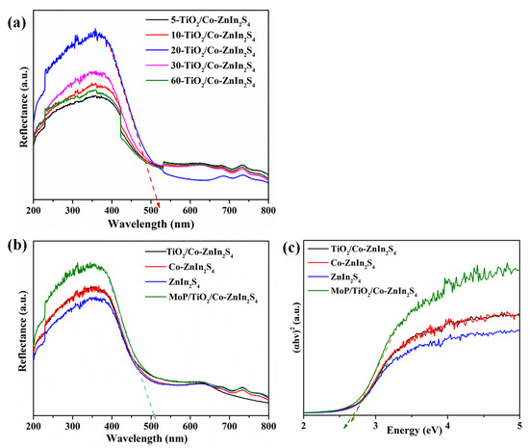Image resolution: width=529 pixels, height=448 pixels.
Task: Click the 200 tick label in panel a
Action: (34, 208)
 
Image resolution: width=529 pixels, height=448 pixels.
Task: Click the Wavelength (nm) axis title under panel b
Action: (151, 438)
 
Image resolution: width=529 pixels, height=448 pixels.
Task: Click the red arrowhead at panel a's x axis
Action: (158, 199)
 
